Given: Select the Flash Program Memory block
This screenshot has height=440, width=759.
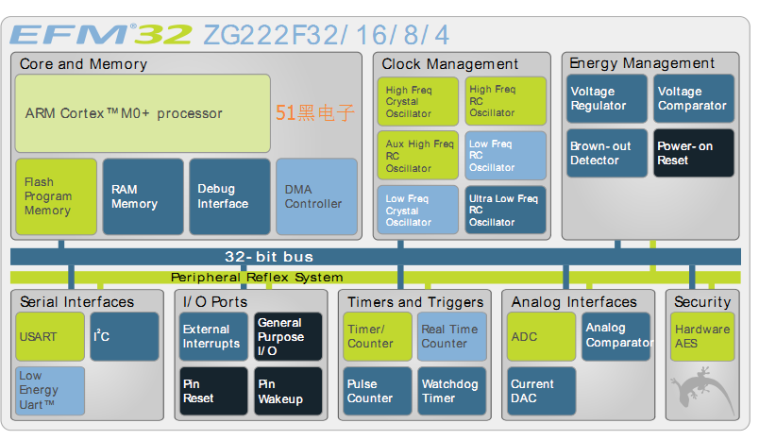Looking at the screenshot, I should point(57,196).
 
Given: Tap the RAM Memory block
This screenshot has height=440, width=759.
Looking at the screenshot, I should point(143,196).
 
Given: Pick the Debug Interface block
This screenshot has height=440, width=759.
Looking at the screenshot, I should point(229,196).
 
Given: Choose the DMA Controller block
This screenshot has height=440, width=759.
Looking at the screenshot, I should point(316,196).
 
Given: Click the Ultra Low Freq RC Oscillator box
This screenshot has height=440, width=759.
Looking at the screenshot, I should point(505,210).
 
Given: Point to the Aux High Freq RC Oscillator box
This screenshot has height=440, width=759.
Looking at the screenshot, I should point(420,155).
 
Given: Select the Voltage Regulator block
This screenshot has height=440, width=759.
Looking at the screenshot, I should point(604,99).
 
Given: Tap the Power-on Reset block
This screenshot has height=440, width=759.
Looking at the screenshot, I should point(694,154).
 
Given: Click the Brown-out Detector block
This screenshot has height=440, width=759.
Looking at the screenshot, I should point(604,154).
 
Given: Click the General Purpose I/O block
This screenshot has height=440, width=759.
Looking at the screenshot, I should point(288,337).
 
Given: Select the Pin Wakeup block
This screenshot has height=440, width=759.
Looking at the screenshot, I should point(288,392).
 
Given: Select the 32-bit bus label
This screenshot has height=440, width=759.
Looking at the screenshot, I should point(269,257).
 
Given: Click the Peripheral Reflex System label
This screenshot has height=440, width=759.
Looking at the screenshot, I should point(257,278).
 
